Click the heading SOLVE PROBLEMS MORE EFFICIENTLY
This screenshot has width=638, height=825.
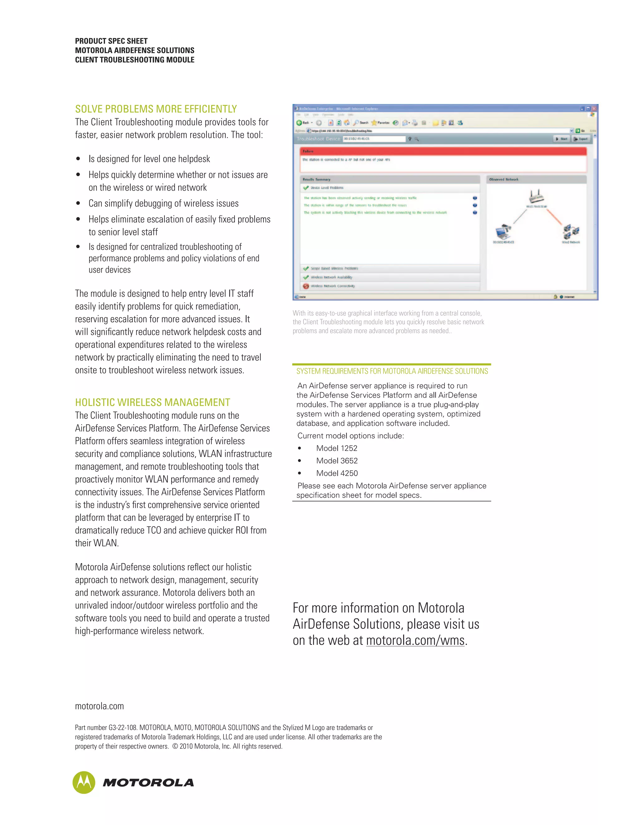(x=156, y=109)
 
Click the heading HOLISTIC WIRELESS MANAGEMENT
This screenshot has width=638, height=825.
(x=152, y=402)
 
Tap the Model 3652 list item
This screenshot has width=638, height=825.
(x=337, y=460)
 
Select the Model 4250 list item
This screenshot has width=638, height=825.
(x=337, y=473)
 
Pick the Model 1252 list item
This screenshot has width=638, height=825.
(x=336, y=448)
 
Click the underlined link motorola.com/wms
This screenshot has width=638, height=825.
(x=415, y=641)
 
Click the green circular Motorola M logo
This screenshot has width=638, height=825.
(x=84, y=782)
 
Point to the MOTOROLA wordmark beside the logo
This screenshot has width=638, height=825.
(x=148, y=783)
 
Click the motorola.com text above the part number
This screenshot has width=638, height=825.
(x=99, y=706)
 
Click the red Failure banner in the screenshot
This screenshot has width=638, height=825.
(x=443, y=151)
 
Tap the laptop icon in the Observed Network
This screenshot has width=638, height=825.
(x=503, y=231)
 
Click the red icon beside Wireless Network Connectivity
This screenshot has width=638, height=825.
(x=306, y=286)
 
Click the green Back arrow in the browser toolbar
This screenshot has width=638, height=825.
(x=299, y=123)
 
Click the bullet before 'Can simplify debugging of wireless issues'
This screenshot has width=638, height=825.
(x=78, y=204)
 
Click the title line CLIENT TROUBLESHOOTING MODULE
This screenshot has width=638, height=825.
(x=135, y=60)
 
